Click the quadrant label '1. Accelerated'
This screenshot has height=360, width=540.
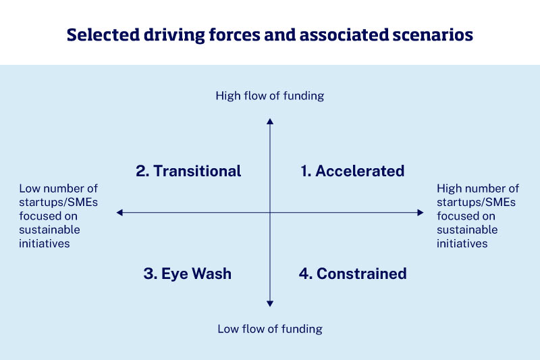pos(352,171)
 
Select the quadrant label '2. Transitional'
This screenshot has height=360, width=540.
pos(188,171)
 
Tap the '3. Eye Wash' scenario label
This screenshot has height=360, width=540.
pos(188,274)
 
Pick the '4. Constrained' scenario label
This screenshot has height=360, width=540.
pos(352,274)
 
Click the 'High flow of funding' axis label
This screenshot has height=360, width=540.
pos(270,96)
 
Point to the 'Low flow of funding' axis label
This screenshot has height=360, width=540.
pos(270,329)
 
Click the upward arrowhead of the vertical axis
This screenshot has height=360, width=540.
pos(270,121)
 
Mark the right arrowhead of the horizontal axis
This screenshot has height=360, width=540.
pos(421,213)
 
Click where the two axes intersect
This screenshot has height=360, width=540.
pos(270,213)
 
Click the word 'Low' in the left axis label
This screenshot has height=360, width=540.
pos(29,189)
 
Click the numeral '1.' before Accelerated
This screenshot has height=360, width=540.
pos(306,171)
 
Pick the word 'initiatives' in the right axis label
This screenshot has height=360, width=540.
pos(462,243)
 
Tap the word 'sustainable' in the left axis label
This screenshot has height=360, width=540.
pos(49,230)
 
